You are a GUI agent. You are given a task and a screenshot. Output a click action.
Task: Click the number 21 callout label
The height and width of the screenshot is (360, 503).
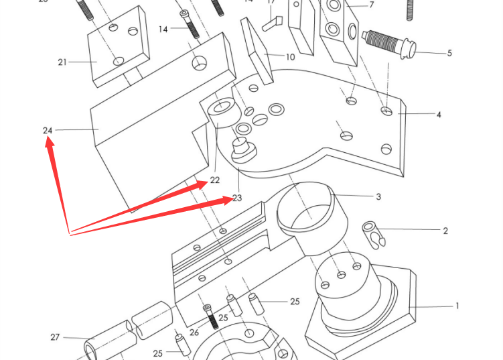point(62,62)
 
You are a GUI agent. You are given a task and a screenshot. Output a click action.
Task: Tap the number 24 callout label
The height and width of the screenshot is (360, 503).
point(48,130)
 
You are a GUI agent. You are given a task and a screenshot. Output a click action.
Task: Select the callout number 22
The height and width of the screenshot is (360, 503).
point(214,180)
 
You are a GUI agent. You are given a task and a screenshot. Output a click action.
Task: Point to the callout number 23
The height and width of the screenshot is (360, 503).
point(237,198)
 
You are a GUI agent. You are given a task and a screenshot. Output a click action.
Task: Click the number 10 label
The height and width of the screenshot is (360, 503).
point(290,57)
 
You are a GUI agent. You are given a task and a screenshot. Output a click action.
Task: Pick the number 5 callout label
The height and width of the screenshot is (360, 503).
point(449,53)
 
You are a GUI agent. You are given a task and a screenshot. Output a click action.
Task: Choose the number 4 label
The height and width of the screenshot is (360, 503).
point(439,115)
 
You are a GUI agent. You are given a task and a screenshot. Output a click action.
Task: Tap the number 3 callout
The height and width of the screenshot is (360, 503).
point(378,196)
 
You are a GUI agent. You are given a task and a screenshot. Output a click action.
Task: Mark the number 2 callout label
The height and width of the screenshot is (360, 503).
point(445,231)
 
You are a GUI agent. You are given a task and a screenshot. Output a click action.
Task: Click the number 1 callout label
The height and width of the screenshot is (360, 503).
point(457,306)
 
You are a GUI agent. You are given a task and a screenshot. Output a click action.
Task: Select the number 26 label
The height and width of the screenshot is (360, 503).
point(194,333)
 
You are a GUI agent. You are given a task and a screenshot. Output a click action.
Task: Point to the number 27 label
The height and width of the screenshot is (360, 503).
point(55,337)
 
